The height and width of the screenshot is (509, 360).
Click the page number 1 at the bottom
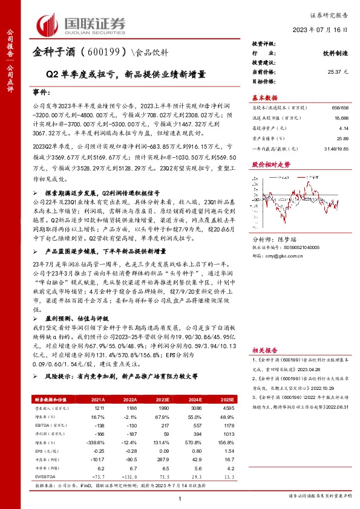(x=180, y=496)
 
